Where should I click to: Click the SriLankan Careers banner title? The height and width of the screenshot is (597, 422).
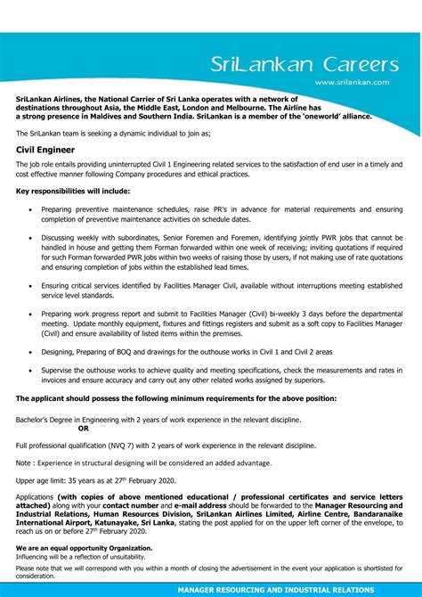[x=304, y=64]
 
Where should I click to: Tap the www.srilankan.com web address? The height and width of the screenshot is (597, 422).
[x=352, y=82]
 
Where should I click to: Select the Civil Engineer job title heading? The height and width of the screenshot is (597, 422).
[x=45, y=150]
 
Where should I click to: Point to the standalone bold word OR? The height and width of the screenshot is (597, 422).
[x=84, y=428]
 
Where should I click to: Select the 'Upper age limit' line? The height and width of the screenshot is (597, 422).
[x=95, y=480]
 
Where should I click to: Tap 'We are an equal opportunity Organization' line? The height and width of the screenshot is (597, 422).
[x=84, y=548]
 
